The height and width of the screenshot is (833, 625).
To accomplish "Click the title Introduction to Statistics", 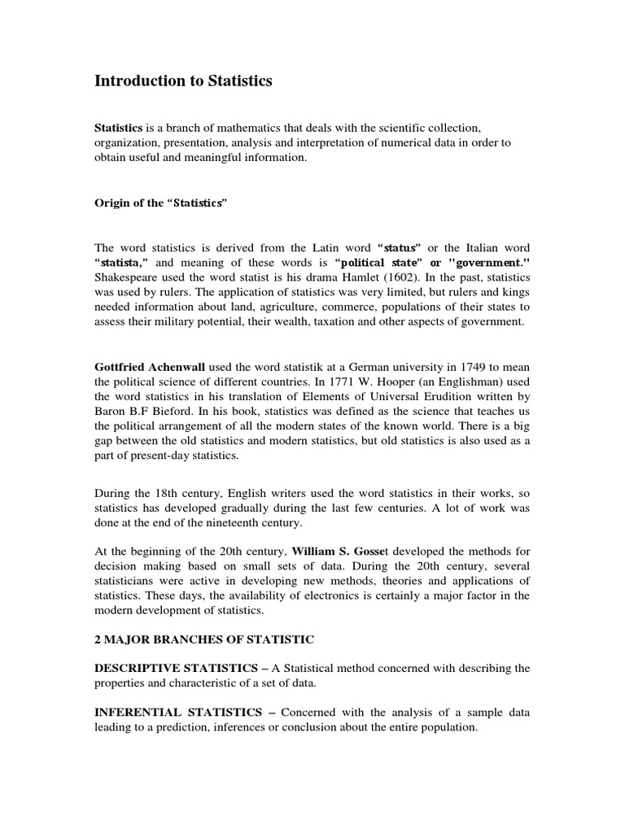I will click(183, 81).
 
